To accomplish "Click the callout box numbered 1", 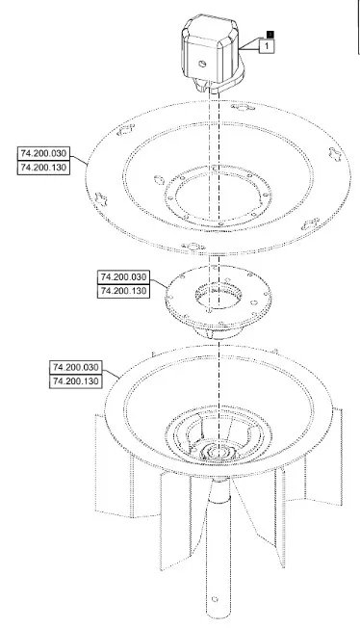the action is [267, 46].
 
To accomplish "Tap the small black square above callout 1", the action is [270, 36].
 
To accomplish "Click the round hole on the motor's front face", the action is [202, 63].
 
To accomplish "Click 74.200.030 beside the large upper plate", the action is [43, 153].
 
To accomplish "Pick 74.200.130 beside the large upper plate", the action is [43, 168].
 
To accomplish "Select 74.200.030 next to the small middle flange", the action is [124, 276].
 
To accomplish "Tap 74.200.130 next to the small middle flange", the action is [124, 291].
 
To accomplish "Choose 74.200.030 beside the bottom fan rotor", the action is [76, 367].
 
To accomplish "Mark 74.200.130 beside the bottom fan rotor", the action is [76, 381].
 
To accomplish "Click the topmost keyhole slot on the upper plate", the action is [244, 107].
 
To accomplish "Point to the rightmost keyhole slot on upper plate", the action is [335, 153].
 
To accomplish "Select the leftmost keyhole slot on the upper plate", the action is [102, 197].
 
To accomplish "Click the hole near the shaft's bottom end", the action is [215, 599].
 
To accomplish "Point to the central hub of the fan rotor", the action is [219, 452].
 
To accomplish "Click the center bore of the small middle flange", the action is [219, 296].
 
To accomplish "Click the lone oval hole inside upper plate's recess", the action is [159, 179].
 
